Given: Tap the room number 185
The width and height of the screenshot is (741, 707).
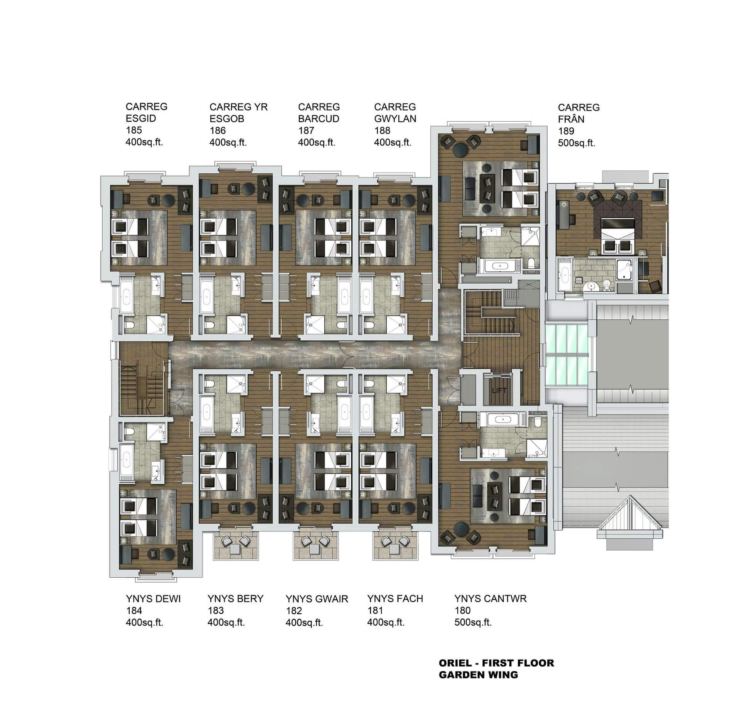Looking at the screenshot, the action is [134, 130].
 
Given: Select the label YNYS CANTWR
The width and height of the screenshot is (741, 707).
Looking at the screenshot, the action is [490, 599].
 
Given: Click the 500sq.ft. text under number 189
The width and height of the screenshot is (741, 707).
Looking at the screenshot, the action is [577, 143].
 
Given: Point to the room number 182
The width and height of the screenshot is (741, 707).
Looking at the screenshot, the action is [294, 611].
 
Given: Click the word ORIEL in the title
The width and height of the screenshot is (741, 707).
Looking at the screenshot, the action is [455, 663].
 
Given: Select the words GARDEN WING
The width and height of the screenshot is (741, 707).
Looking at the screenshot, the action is [478, 675].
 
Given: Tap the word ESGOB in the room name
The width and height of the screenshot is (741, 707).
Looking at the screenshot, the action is [227, 118].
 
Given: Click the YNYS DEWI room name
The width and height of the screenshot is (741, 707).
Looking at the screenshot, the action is [153, 599].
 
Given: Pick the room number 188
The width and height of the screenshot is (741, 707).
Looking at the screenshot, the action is [382, 130].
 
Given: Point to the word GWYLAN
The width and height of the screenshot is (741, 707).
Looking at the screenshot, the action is [395, 118].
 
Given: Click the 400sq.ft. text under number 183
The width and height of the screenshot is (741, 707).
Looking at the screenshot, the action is [226, 622].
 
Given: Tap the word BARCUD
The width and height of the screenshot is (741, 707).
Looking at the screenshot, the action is [319, 118].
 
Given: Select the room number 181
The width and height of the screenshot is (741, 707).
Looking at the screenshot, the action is [375, 611].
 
